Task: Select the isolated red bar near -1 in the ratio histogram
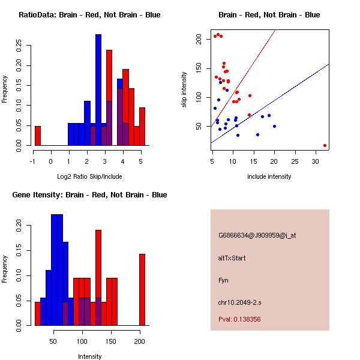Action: point(38,136)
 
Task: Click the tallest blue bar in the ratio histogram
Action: point(98,90)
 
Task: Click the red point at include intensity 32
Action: point(325,145)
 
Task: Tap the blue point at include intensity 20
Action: point(274,126)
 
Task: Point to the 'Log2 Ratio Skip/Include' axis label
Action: point(89,176)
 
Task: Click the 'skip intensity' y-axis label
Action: point(185,90)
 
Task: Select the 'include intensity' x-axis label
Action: point(269,176)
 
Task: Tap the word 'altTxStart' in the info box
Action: point(232,258)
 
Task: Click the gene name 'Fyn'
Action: point(223,280)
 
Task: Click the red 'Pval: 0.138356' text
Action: point(239,320)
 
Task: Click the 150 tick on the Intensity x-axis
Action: point(111,341)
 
